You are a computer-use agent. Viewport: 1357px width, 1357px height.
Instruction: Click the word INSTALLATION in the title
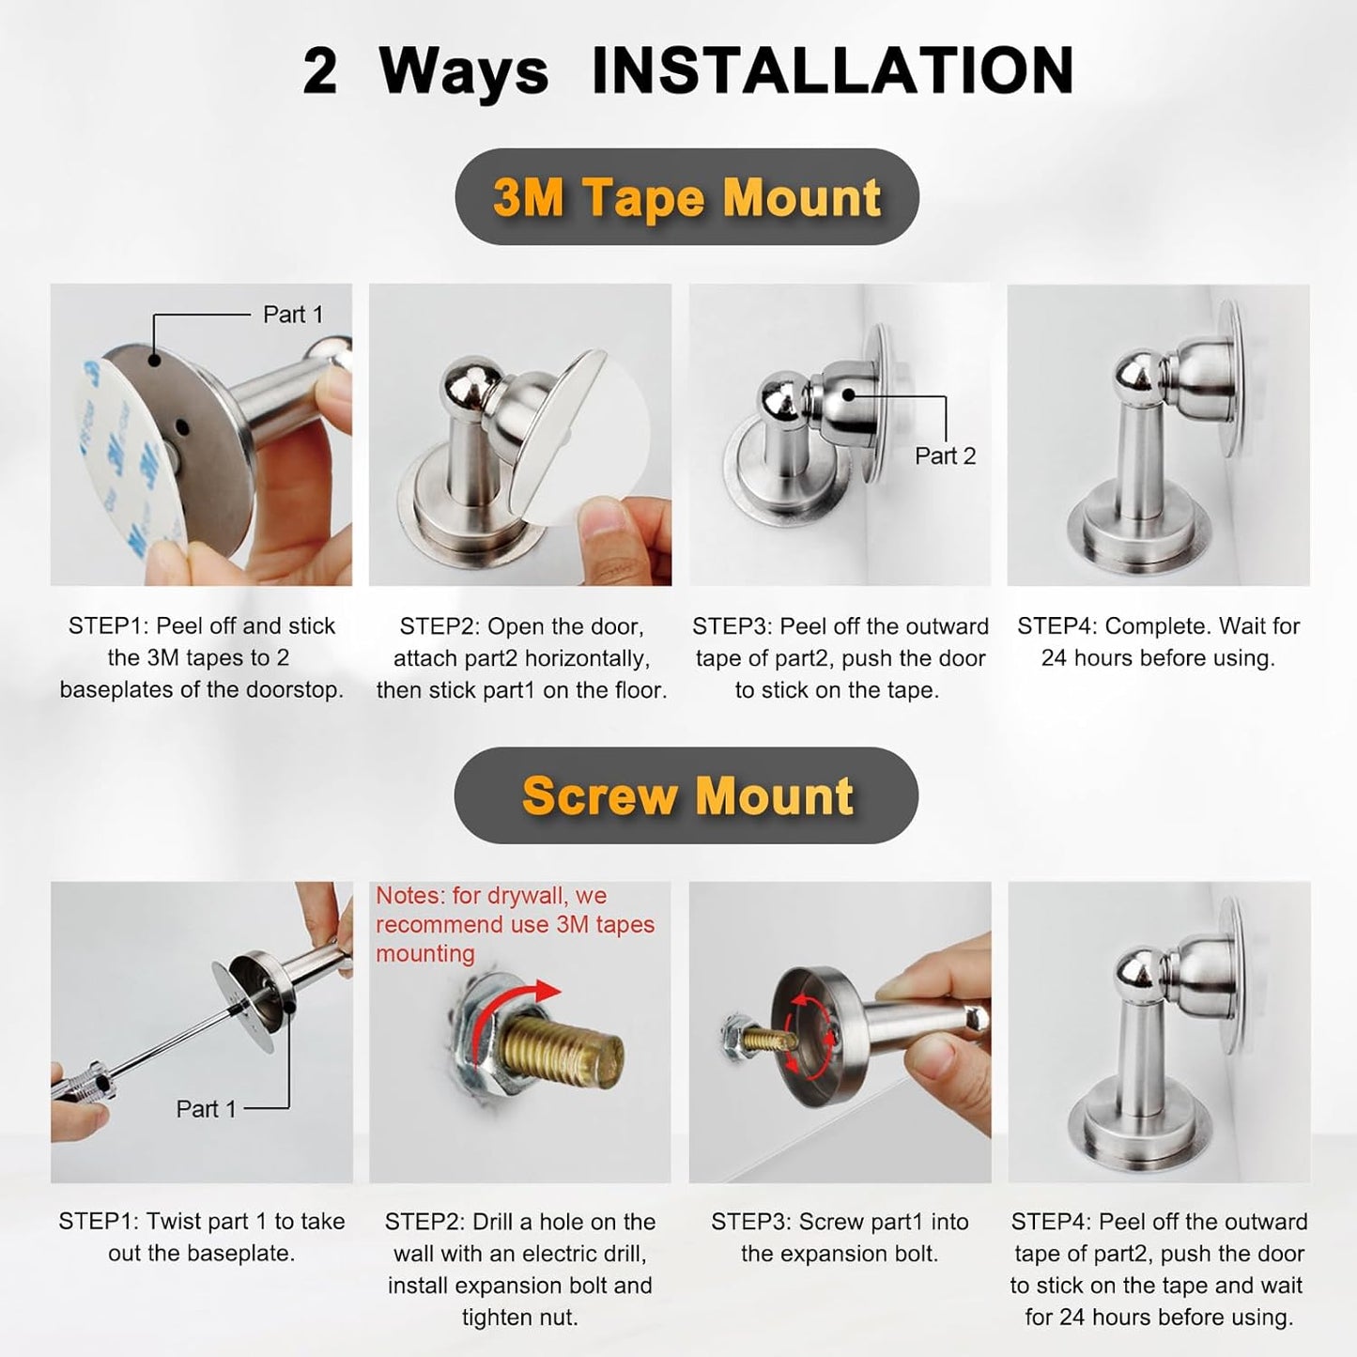pyautogui.click(x=832, y=71)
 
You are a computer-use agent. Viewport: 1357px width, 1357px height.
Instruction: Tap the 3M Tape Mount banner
pyautogui.click(x=686, y=197)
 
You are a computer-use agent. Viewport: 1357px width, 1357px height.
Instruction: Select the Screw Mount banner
pyautogui.click(x=686, y=795)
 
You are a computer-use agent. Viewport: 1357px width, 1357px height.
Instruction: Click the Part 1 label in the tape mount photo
pyautogui.click(x=292, y=315)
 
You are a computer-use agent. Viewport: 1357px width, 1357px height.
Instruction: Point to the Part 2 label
pyautogui.click(x=945, y=456)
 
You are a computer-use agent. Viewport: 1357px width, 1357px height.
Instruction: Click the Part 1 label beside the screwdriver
pyautogui.click(x=206, y=1109)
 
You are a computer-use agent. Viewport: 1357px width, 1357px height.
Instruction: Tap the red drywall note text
pyautogui.click(x=515, y=924)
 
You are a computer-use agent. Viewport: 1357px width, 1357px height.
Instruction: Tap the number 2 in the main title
pyautogui.click(x=320, y=71)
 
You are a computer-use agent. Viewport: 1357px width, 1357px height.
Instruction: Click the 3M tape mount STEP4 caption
pyautogui.click(x=1158, y=641)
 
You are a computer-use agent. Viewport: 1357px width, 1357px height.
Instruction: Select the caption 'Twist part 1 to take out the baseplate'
pyautogui.click(x=201, y=1237)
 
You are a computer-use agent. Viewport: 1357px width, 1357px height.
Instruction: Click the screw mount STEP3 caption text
pyautogui.click(x=840, y=1237)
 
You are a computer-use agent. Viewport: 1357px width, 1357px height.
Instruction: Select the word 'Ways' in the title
pyautogui.click(x=464, y=71)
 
